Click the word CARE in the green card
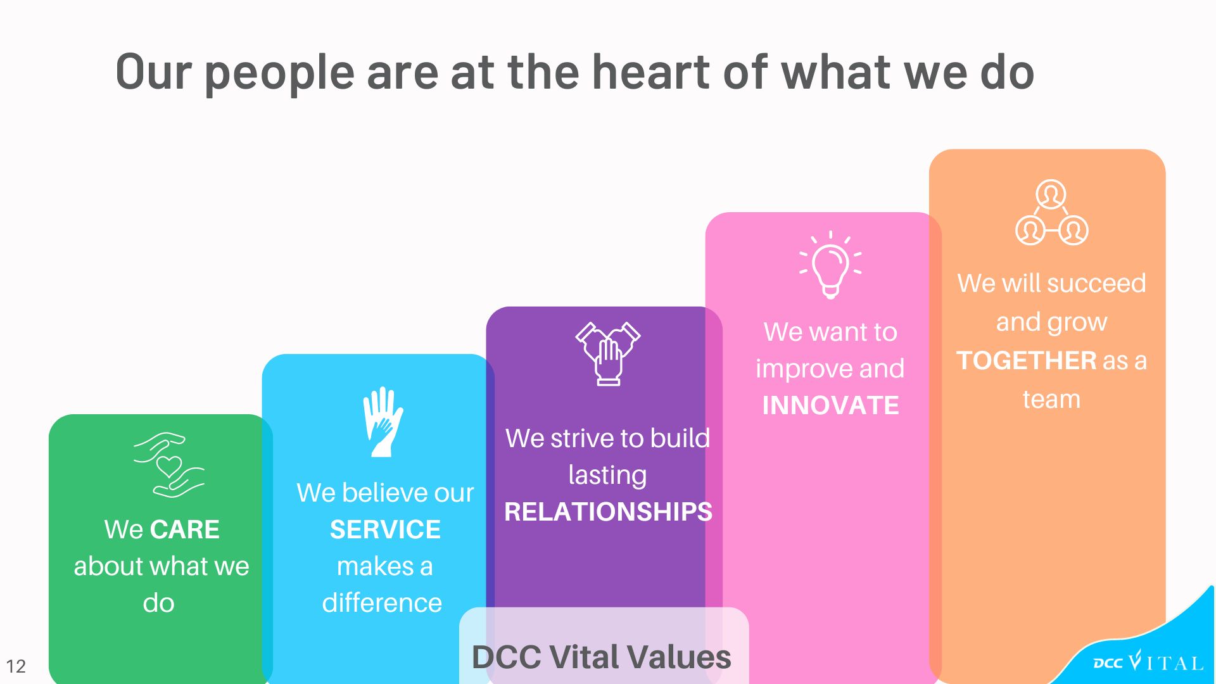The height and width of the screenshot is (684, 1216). [x=185, y=529]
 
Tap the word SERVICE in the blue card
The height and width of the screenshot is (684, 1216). [x=385, y=529]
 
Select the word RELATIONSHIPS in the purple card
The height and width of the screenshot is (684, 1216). [x=608, y=512]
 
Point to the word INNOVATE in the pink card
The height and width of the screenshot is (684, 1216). [x=830, y=405]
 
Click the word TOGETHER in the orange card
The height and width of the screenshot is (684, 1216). [x=1027, y=360]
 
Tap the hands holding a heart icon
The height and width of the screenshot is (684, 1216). [x=168, y=465]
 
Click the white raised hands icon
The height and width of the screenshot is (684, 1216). [x=383, y=422]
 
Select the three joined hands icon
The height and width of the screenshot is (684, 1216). [x=608, y=354]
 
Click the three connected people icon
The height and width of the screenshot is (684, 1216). [x=1051, y=213]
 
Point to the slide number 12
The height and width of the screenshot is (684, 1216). [x=16, y=666]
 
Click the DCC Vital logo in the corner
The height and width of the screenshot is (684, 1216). [x=1148, y=662]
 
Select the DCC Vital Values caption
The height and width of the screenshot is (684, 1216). [x=602, y=657]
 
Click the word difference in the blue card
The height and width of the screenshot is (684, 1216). [x=382, y=603]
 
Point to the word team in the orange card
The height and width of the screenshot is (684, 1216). [x=1051, y=400]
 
